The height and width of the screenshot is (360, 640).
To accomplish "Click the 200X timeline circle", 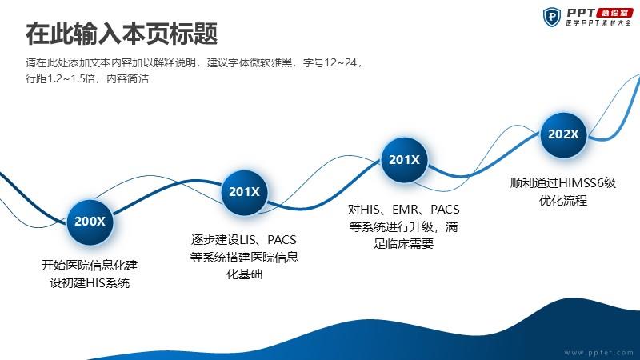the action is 90,222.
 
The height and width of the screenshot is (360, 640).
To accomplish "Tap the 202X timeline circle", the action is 563,134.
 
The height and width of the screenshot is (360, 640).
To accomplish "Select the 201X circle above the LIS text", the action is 244,192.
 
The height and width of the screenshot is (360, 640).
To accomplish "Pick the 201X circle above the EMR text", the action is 404,159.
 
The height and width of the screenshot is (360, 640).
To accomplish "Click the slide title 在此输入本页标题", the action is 122,34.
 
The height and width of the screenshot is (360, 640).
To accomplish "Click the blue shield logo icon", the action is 552,17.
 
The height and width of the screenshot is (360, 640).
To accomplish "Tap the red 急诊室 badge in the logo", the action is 614,13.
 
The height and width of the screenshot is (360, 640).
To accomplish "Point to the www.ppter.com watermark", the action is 598,353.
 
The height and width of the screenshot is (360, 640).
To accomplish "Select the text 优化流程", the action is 563,201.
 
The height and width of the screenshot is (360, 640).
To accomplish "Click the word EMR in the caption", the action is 406,210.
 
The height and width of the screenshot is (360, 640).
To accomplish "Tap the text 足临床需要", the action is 403,244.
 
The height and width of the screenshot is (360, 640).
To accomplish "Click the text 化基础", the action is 244,274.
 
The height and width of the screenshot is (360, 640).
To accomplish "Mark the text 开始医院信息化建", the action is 90,266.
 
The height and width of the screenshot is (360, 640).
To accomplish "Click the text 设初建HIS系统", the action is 90,283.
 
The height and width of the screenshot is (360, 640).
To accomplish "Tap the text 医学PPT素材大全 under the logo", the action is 598,23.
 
